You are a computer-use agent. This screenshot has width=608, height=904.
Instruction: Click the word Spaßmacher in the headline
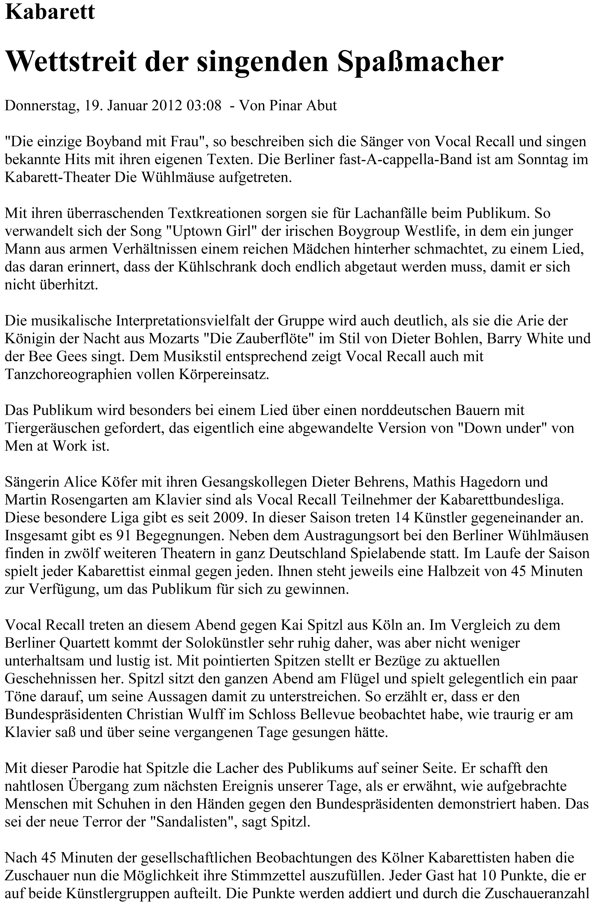420,62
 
